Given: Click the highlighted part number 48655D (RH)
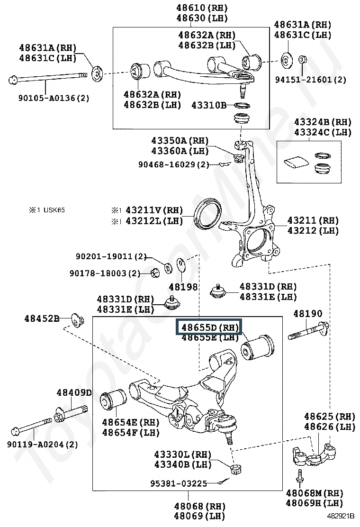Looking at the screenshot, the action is coord(210,327).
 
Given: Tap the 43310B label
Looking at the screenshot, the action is coord(209,105).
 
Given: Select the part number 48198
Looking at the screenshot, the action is coord(183,287).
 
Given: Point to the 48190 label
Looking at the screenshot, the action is coord(307,314).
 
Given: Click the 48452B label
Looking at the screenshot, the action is coord(42,318).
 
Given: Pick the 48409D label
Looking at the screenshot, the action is coord(74,392).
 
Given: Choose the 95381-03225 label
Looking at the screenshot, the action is coord(178,483).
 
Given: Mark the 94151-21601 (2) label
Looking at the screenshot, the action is coord(311,80).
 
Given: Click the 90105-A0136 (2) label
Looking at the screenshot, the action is coord(54,98).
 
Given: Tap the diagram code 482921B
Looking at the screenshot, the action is coord(341,516).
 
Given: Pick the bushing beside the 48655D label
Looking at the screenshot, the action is coord(257,347).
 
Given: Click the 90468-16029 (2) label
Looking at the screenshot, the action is coord(174,165).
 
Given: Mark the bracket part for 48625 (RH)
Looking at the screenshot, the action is coord(314,454).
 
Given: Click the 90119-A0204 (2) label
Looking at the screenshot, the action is coord(42,445).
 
